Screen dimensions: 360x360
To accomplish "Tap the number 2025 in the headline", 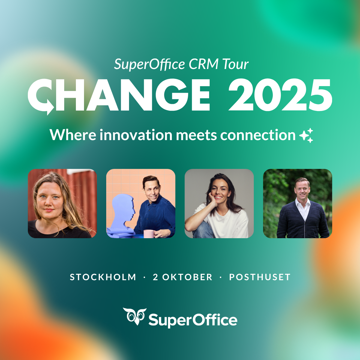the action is [280, 95].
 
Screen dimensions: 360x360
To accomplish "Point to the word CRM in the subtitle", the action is [203, 64].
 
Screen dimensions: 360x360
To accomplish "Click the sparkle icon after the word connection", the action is [306, 135].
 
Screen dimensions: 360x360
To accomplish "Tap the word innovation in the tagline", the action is [136, 135].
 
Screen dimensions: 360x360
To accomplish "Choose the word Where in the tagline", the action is [73, 135].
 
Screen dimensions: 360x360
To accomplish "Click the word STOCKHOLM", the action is [103, 277].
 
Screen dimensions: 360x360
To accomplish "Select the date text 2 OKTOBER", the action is [182, 277].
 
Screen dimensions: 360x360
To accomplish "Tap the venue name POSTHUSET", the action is [260, 277].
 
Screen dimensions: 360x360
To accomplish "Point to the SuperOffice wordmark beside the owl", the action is [193, 320].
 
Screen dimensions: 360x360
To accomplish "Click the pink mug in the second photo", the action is [149, 234].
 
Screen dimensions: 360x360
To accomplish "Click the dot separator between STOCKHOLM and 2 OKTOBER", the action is [144, 277].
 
